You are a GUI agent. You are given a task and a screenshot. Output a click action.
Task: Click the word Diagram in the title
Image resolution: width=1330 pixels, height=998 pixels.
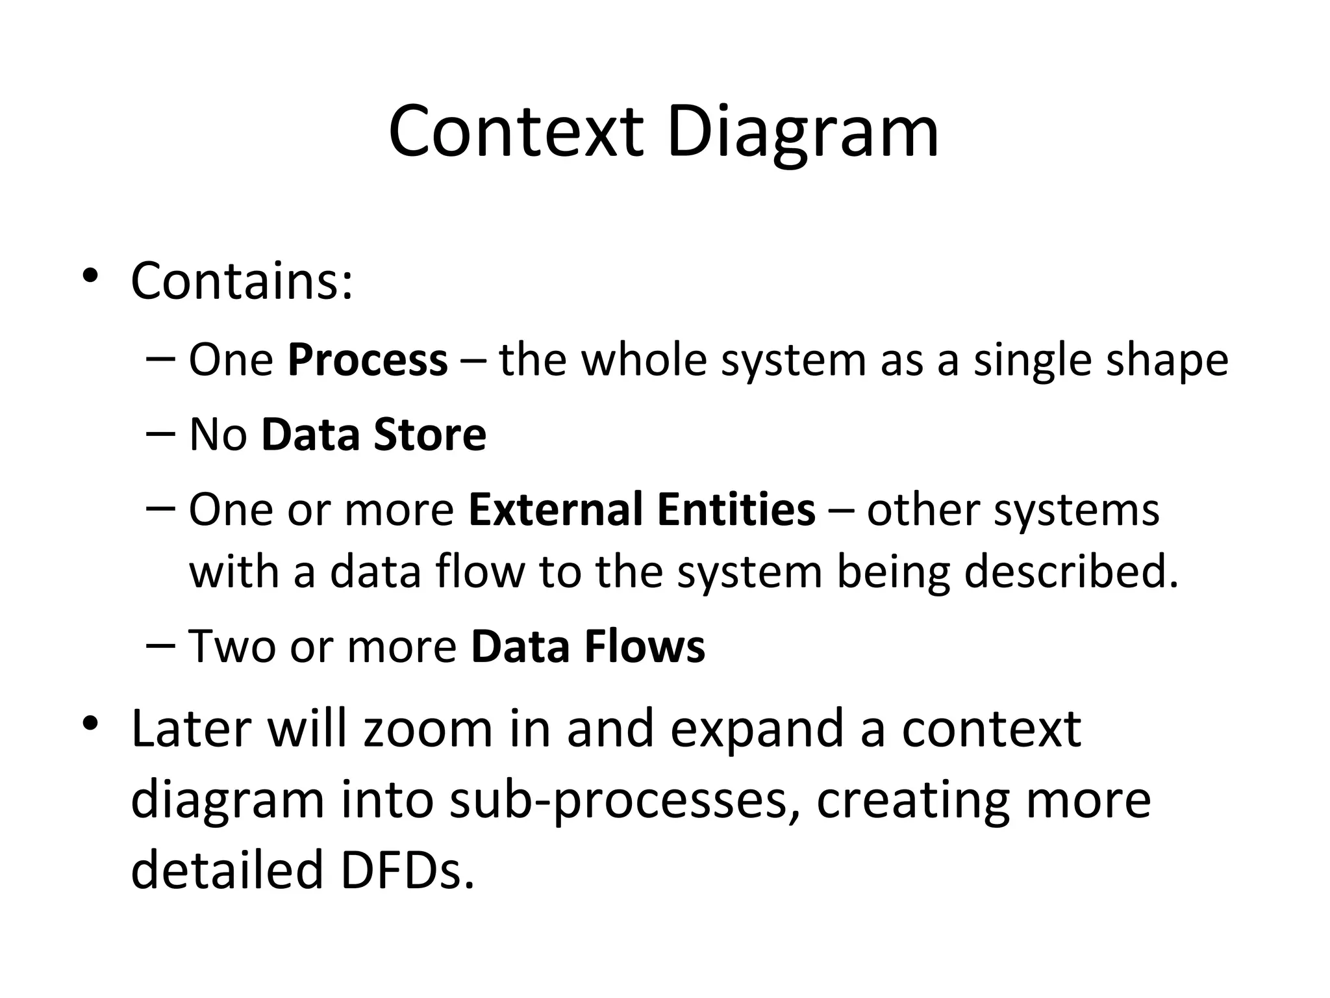[x=802, y=134]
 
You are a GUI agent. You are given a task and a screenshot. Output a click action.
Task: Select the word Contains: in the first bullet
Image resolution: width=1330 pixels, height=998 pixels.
[x=242, y=282]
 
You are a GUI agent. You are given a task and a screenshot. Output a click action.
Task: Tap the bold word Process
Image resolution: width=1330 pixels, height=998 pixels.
[x=368, y=361]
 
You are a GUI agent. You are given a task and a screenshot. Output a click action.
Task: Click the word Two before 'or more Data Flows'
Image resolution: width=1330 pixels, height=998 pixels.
[x=232, y=647]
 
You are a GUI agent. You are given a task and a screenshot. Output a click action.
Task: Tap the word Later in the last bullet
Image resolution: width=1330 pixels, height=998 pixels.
[x=190, y=729]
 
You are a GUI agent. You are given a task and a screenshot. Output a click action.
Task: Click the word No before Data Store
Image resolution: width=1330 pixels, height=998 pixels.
[x=218, y=435]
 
